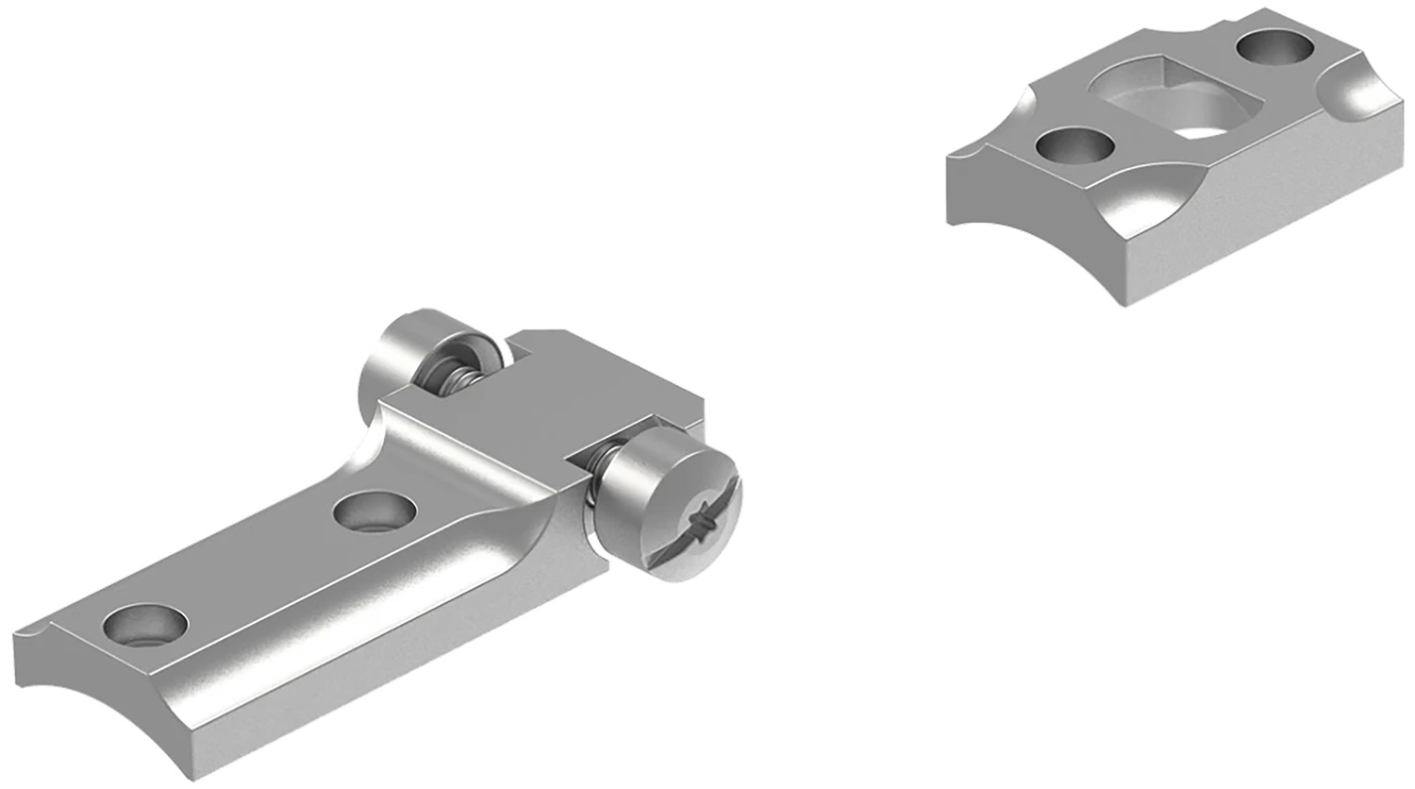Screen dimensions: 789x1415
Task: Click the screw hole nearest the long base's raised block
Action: point(375,513)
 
